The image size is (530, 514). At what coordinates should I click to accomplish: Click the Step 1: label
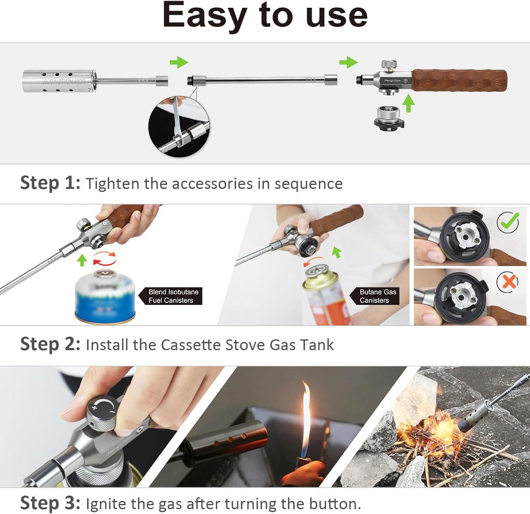click(x=50, y=183)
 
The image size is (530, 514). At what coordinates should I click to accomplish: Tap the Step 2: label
click(x=50, y=344)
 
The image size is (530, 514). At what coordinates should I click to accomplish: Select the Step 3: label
click(x=50, y=503)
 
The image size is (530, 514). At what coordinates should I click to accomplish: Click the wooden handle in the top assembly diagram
click(x=459, y=80)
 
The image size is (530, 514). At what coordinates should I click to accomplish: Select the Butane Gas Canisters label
click(x=378, y=296)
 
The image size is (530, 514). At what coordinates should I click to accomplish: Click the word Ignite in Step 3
click(x=104, y=503)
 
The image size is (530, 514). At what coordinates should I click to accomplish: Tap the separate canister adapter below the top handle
click(x=389, y=118)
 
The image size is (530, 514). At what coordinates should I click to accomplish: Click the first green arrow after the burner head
click(x=179, y=63)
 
